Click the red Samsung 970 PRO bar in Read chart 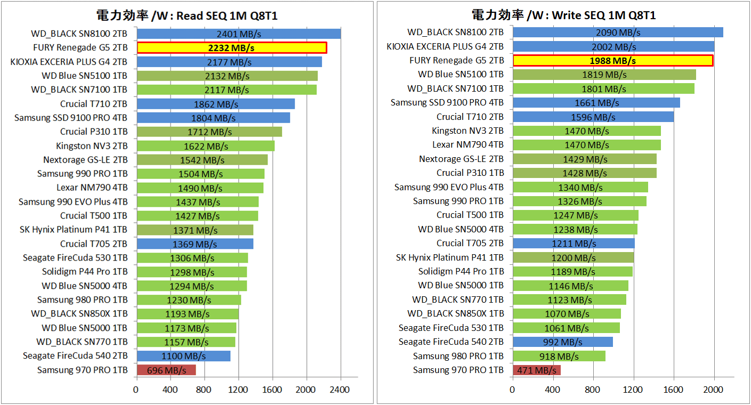pyautogui.click(x=166, y=370)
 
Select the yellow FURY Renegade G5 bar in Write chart pyautogui.click(x=613, y=61)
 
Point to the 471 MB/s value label pyautogui.click(x=536, y=370)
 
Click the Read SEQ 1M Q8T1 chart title pyautogui.click(x=187, y=15)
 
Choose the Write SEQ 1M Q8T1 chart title pyautogui.click(x=563, y=15)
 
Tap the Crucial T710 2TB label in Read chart pyautogui.click(x=94, y=103)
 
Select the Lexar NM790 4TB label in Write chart pyautogui.click(x=467, y=144)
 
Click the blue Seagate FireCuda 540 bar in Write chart pyautogui.click(x=562, y=342)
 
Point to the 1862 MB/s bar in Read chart pyautogui.click(x=215, y=104)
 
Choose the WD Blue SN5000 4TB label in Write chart pyautogui.click(x=461, y=229)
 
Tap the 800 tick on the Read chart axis pyautogui.click(x=204, y=390)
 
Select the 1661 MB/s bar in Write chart pyautogui.click(x=596, y=102)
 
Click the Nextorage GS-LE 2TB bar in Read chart pyautogui.click(x=202, y=159)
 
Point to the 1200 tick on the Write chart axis pyautogui.click(x=634, y=390)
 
